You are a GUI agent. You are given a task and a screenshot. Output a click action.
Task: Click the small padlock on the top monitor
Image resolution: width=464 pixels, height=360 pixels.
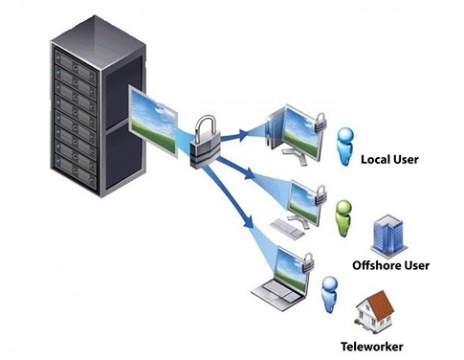point(320,120)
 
